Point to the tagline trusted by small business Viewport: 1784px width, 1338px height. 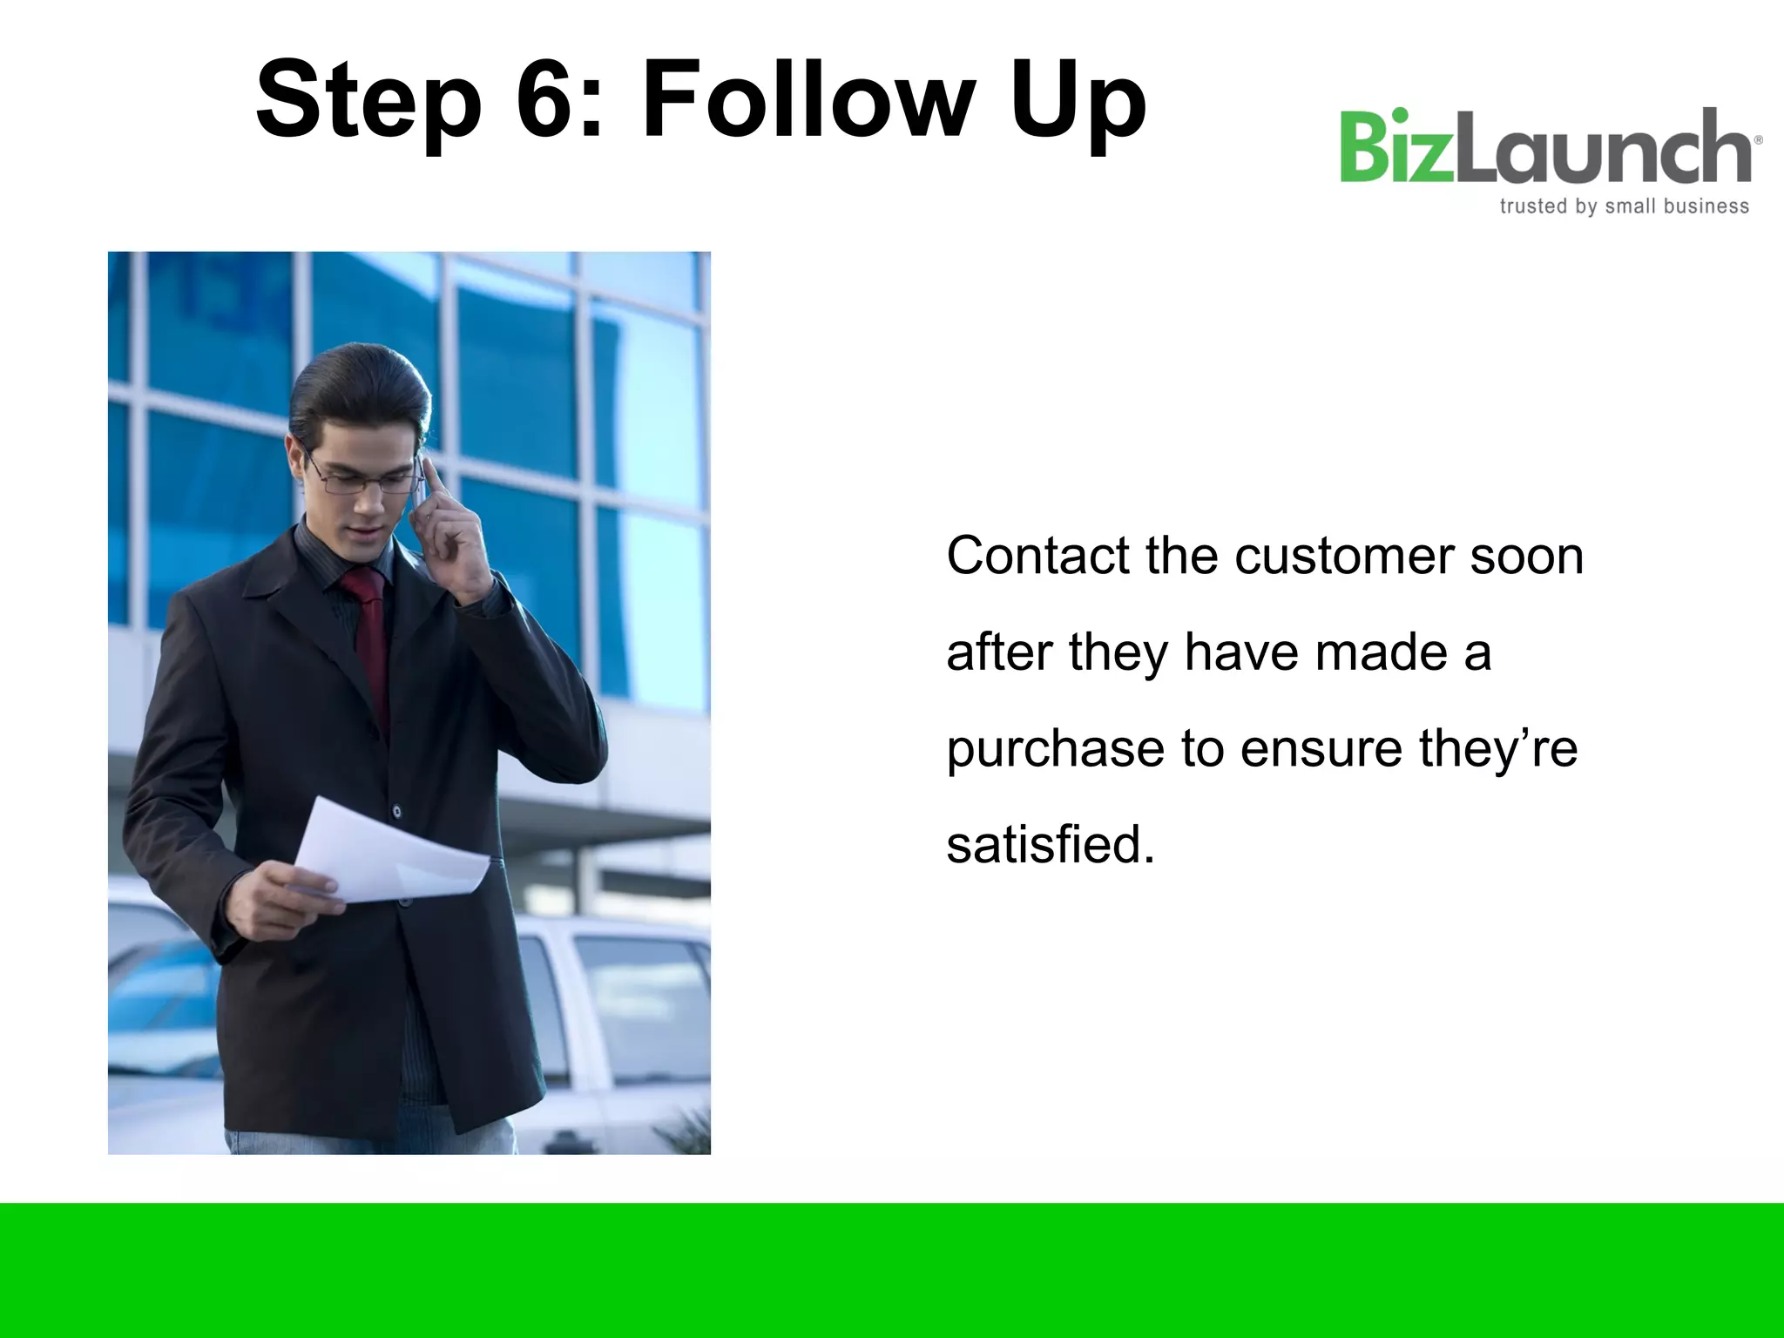coord(1624,206)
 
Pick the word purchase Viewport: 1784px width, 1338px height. coord(1055,748)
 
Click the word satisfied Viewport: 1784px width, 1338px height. coord(1050,844)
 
